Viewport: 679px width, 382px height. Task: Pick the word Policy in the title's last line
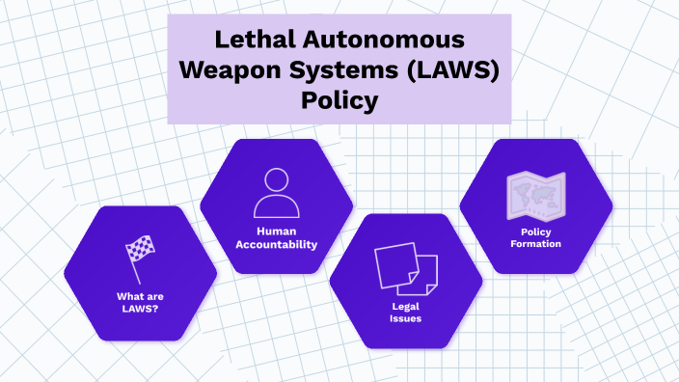339,99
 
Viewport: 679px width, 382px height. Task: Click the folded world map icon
534,197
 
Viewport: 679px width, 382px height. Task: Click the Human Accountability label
277,238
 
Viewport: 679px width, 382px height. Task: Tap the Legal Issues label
406,313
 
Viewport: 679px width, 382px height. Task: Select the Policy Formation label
535,238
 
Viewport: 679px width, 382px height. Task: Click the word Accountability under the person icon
277,245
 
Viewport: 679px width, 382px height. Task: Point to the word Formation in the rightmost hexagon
535,245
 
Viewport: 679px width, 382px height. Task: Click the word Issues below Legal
406,318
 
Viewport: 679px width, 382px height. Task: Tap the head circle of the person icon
277,179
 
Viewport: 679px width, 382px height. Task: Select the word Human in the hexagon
277,232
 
